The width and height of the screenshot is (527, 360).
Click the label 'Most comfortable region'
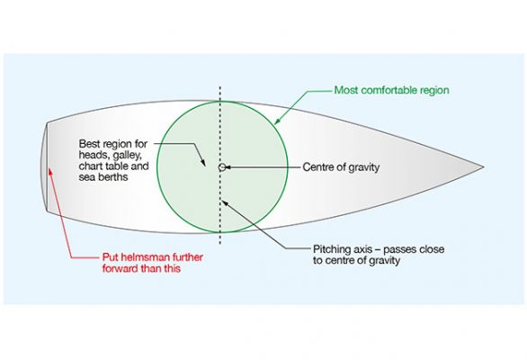[390, 91]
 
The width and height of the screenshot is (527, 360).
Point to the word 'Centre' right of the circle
[317, 166]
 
